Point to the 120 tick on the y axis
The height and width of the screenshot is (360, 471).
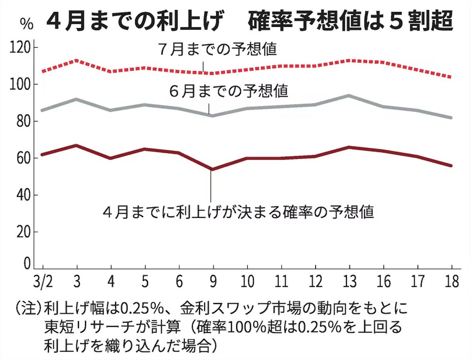[x=23, y=48]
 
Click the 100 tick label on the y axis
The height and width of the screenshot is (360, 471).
[x=23, y=85]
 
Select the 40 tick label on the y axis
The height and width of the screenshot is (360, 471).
[x=24, y=195]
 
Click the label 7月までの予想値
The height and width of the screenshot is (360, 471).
[x=218, y=50]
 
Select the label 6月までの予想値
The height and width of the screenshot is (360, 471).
[x=229, y=91]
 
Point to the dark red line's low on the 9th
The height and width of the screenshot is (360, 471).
[x=212, y=169]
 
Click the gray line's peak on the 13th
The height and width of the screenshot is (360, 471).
[x=349, y=95]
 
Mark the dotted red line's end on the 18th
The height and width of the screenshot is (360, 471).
[x=451, y=77]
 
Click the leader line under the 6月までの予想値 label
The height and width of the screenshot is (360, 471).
[x=209, y=108]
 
